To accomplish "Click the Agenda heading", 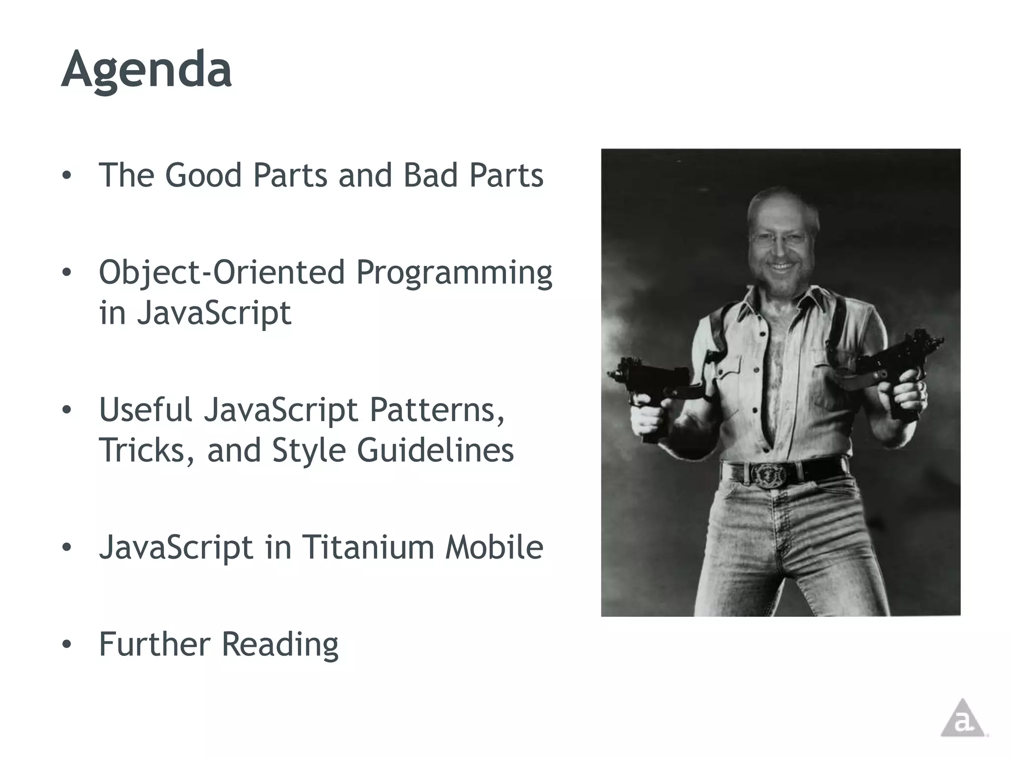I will click(x=146, y=70).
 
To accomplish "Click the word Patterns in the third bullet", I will click(x=436, y=411).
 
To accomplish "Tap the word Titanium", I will click(x=367, y=547).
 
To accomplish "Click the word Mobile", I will click(x=494, y=547).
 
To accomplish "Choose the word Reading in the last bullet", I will click(x=279, y=644).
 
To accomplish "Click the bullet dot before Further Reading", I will click(x=67, y=644).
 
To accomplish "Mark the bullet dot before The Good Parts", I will click(x=67, y=175).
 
